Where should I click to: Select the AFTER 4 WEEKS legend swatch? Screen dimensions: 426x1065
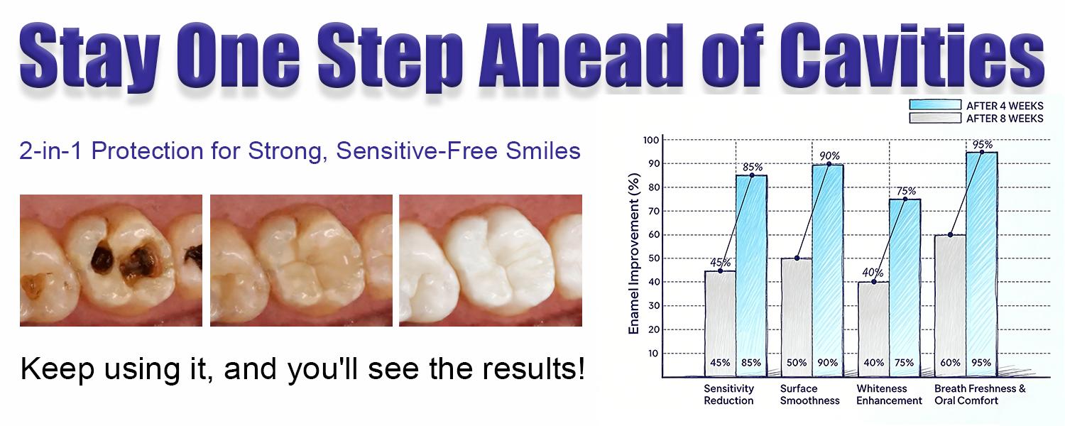click(x=935, y=104)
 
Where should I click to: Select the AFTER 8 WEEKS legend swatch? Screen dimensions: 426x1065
click(x=935, y=118)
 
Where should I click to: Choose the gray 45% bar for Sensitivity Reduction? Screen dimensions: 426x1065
click(x=720, y=319)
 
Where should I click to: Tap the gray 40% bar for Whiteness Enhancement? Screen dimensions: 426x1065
click(x=873, y=327)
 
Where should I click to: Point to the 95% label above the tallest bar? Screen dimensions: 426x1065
click(x=983, y=145)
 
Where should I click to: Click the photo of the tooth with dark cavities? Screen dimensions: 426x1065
click(x=111, y=261)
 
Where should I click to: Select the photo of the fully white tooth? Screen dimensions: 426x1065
click(x=490, y=261)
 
